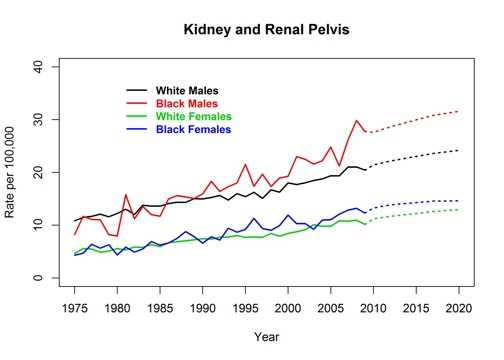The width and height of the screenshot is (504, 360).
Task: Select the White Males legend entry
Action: click(x=191, y=91)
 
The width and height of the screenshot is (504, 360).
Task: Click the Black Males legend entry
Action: click(x=191, y=104)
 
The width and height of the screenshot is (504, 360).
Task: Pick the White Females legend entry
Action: click(x=196, y=117)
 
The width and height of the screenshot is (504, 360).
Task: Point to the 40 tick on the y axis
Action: click(x=38, y=67)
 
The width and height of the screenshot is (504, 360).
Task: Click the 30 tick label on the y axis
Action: click(x=38, y=120)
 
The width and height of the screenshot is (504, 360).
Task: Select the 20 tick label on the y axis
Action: click(x=38, y=173)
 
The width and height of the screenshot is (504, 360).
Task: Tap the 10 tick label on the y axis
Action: click(x=38, y=226)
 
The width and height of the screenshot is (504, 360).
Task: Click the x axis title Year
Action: click(x=267, y=337)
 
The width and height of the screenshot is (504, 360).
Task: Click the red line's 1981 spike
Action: click(x=126, y=195)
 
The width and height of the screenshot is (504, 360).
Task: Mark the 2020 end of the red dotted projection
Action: click(x=459, y=111)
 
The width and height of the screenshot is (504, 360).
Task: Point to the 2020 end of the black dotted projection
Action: click(x=459, y=150)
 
